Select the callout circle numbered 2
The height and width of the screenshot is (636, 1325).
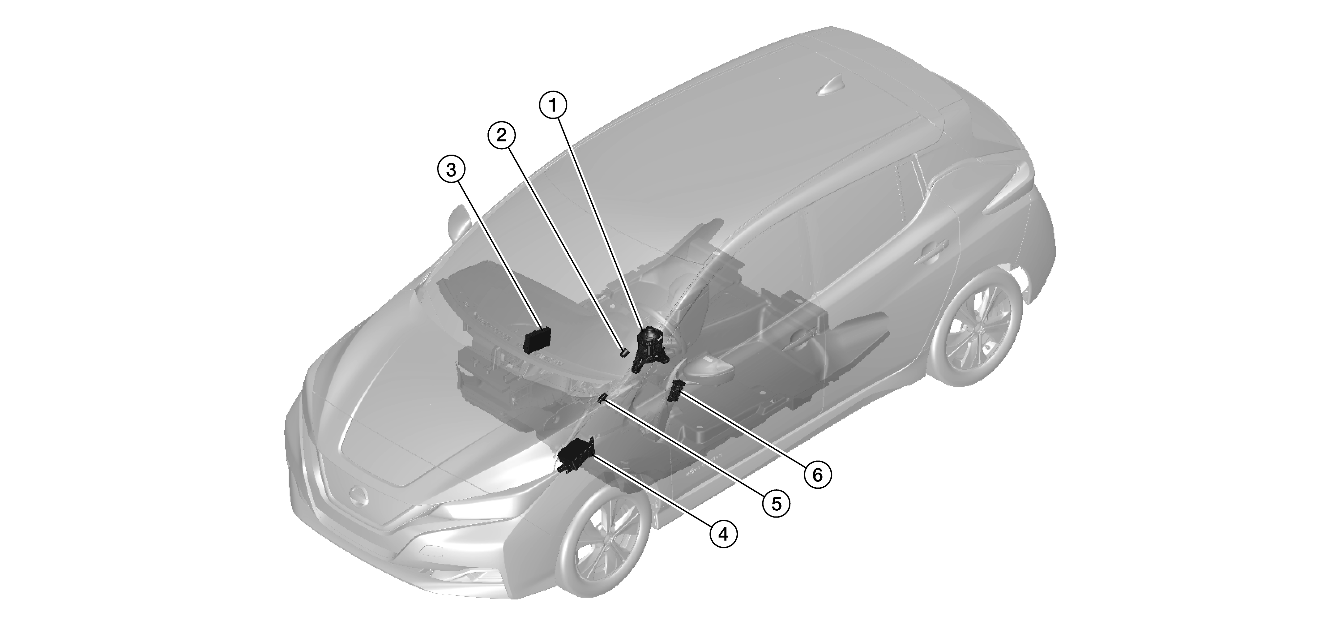(x=501, y=135)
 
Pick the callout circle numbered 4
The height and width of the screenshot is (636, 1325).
(x=723, y=535)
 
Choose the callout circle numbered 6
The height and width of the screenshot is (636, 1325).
(x=817, y=474)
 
